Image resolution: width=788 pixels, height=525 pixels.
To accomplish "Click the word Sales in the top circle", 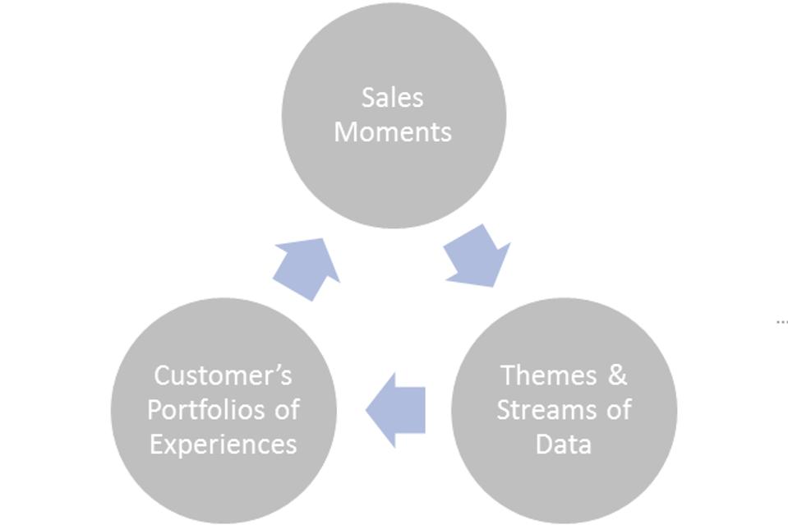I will point(393,97).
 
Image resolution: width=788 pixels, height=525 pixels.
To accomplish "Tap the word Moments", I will point(393,131).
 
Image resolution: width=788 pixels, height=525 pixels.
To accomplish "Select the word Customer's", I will point(223,375).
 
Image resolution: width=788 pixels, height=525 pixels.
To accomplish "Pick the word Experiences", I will point(223,444).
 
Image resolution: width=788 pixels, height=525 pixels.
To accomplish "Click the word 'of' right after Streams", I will point(617,409).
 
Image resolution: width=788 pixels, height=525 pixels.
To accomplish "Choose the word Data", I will point(563,444).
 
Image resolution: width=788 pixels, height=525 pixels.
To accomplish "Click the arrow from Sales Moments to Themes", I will point(479,256).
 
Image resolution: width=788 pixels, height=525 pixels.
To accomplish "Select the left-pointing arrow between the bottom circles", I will point(397,409).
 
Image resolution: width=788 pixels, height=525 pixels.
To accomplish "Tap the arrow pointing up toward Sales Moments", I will point(306,267).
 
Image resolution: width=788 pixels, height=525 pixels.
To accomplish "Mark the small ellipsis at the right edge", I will point(781,321).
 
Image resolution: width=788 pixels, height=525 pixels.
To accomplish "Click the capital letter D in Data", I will point(544,444).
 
